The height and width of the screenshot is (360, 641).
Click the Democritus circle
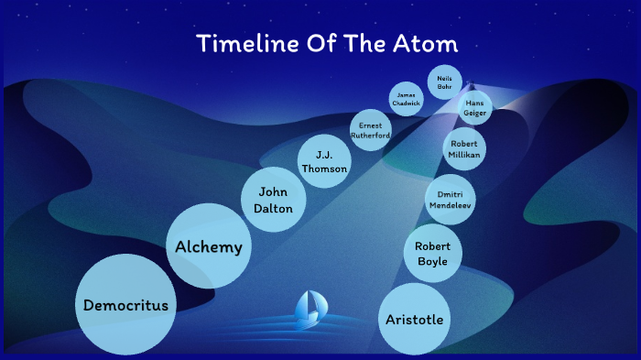125,305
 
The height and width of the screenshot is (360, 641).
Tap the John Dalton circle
274,200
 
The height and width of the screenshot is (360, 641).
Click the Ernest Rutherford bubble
371,129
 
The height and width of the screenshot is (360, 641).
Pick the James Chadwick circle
407,99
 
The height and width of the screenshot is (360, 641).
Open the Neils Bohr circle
444,80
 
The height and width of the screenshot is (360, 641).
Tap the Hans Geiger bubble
474,107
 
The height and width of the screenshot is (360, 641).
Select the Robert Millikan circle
464,149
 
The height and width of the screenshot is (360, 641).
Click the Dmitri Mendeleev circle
451,199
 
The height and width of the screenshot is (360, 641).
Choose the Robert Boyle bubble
432,254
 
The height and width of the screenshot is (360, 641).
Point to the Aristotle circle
414,319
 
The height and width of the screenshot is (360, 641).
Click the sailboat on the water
309,310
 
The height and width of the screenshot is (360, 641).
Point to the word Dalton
274,209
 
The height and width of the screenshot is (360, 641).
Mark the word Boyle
432,262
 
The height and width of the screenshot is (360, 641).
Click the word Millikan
464,156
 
